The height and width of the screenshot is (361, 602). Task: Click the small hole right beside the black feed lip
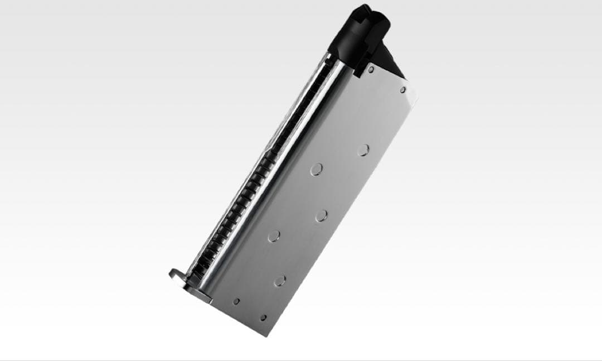tap(371, 70)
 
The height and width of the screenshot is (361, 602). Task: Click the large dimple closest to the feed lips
tap(363, 150)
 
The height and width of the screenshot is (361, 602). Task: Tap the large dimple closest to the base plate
tap(279, 280)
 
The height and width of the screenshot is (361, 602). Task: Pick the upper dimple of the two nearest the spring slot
tap(317, 169)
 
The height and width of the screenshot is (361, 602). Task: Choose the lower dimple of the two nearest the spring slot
tap(273, 236)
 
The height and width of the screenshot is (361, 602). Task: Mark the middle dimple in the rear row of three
tap(321, 215)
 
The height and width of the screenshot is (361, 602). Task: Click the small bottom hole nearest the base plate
tap(236, 301)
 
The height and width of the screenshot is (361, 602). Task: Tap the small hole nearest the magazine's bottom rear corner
tap(263, 317)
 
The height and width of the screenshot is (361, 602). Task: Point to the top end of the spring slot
tap(333, 59)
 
